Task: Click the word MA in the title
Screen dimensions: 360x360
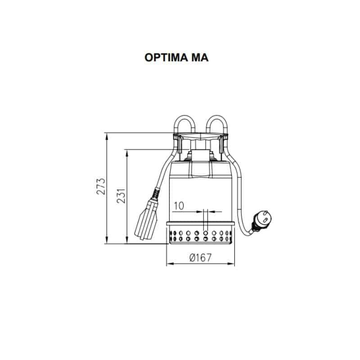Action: (200, 58)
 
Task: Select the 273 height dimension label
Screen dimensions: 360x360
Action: (101, 186)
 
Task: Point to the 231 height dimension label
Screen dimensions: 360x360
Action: (121, 196)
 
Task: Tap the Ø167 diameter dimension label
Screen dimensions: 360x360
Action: (200, 257)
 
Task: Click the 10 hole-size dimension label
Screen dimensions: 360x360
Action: (179, 206)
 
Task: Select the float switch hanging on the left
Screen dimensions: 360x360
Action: (147, 219)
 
